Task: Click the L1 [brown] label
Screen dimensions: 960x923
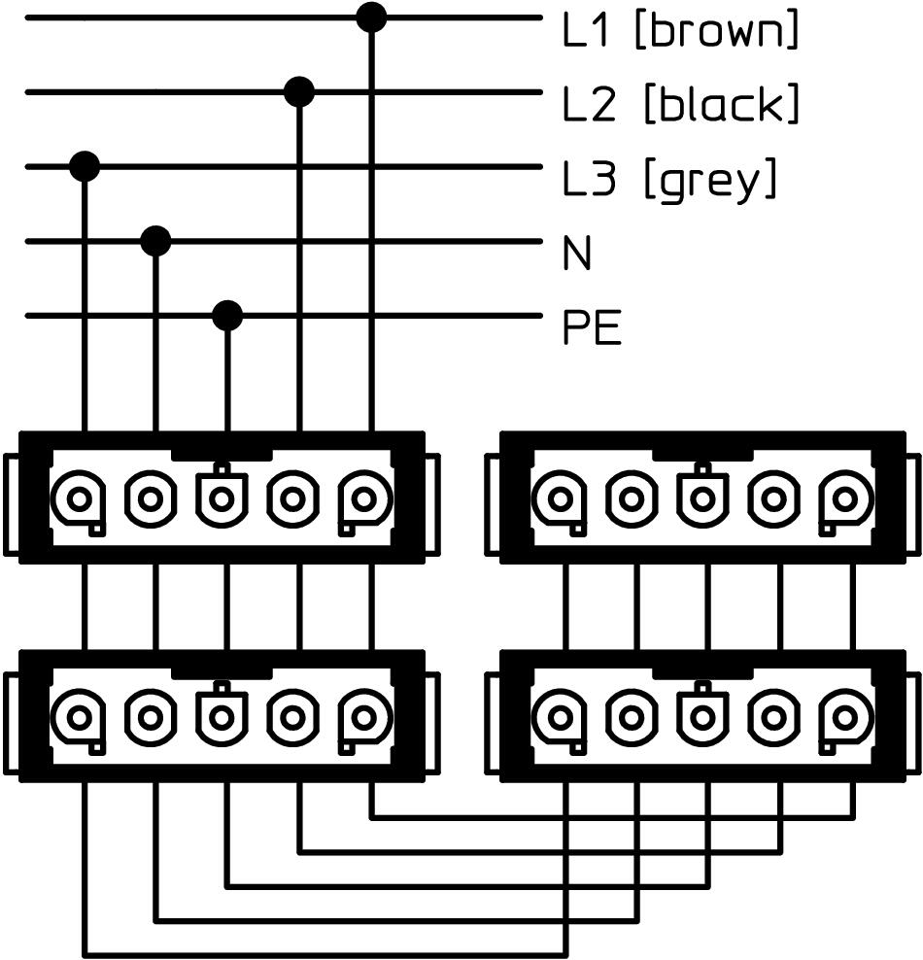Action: coord(680,31)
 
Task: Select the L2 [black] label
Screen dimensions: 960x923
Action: coord(680,103)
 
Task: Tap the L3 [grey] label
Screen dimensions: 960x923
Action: coord(670,179)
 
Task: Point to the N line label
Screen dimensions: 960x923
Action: coord(577,255)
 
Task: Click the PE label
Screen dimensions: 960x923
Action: coord(591,329)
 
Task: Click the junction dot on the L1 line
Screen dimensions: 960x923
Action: coord(371,17)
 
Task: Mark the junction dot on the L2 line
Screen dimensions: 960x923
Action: coord(299,92)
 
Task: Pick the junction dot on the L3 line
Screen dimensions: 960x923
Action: coord(85,166)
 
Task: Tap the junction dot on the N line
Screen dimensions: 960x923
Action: coord(155,240)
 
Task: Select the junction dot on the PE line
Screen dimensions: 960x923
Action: coord(227,315)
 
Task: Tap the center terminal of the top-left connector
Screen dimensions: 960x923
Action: coord(222,499)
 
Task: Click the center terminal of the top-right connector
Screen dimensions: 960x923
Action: coord(702,499)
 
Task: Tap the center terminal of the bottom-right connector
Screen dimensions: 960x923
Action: coord(702,717)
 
